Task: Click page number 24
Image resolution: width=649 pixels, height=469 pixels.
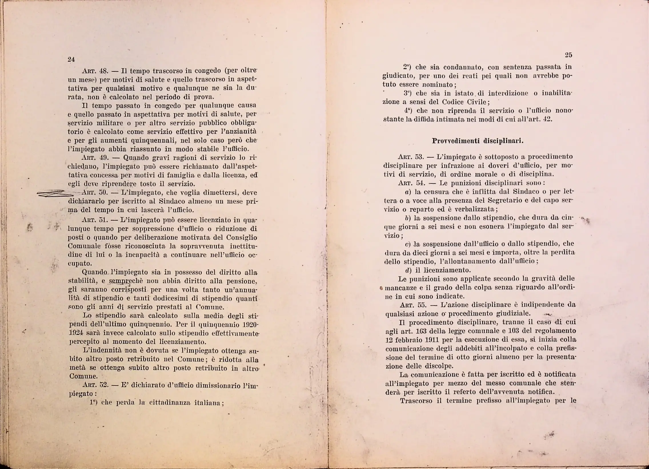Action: (71, 59)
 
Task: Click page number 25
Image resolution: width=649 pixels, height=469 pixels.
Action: (568, 55)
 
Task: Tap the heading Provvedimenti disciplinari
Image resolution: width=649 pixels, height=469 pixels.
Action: (478, 141)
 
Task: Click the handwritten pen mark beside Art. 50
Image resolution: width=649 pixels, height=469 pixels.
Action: (54, 193)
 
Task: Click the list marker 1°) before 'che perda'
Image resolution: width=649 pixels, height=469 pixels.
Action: (93, 403)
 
